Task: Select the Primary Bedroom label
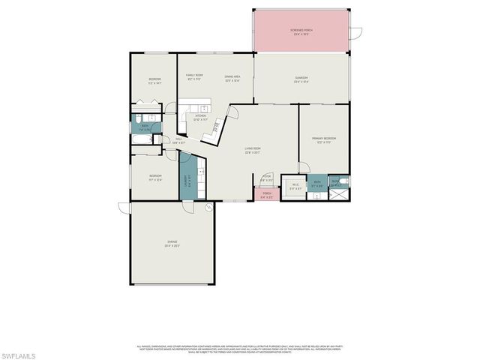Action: pos(323,139)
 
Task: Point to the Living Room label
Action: pos(252,151)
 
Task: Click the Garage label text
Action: pos(172,243)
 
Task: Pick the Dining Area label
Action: pos(232,78)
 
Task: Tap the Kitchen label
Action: pos(201,117)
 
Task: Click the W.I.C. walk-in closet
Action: pos(295,186)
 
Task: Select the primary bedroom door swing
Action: pos(303,166)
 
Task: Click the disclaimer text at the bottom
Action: pos(240,348)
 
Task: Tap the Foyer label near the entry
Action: pos(265,178)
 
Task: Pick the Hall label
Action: pos(178,140)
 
